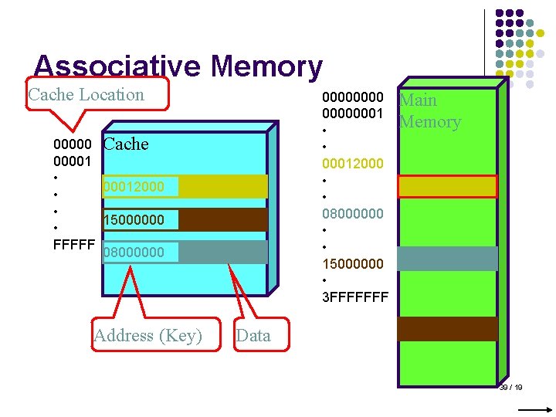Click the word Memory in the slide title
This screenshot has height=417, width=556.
[266, 66]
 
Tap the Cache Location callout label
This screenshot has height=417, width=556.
[86, 95]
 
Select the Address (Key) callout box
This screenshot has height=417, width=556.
[147, 335]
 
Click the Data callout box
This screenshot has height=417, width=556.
[253, 335]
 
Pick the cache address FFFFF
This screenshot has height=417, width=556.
[74, 245]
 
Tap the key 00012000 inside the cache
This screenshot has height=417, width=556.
[133, 187]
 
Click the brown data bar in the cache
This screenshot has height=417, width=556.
[223, 220]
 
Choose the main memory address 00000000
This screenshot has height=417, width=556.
[352, 97]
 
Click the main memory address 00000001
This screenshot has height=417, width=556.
[352, 114]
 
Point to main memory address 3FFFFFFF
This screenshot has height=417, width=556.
[355, 296]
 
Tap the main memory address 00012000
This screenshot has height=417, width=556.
[352, 163]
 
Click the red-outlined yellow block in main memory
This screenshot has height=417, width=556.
[447, 187]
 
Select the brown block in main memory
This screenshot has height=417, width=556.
[447, 328]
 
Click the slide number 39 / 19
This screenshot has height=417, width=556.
[511, 387]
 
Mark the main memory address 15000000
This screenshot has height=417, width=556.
[352, 263]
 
